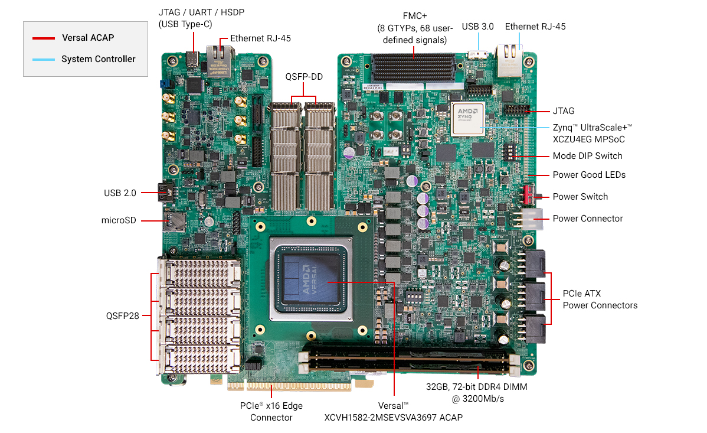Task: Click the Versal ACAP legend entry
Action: click(x=87, y=38)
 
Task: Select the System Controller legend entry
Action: click(x=98, y=59)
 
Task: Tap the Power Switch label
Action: click(x=580, y=197)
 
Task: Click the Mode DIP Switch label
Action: click(x=587, y=157)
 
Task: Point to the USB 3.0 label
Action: click(x=478, y=27)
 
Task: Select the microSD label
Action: click(x=119, y=221)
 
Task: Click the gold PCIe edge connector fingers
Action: click(x=295, y=385)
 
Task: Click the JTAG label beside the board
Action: click(x=564, y=111)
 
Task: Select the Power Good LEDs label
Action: click(x=589, y=175)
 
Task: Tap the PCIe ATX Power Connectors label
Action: click(x=600, y=299)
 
